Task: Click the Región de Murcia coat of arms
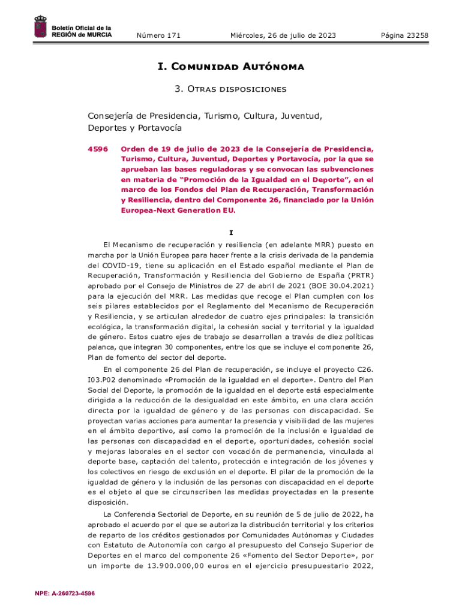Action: [41, 28]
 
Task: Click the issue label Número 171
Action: [158, 36]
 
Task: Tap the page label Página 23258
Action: [404, 36]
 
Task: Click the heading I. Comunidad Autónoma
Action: [231, 67]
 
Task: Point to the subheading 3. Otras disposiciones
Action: [231, 89]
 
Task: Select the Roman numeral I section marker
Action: [231, 233]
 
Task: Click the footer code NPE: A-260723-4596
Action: [65, 594]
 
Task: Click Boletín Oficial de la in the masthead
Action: [82, 28]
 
